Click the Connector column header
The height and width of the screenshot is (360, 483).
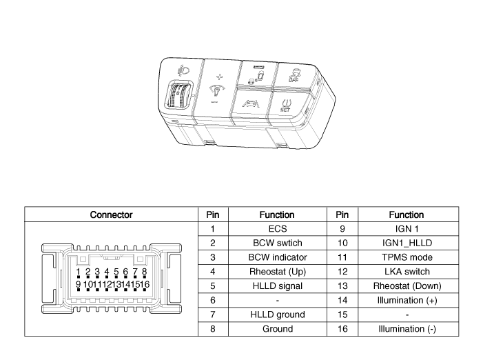(x=111, y=214)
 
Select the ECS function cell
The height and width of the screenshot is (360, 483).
(x=278, y=229)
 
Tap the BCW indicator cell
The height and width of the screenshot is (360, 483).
(x=278, y=257)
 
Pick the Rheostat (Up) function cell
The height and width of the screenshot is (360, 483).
(x=278, y=272)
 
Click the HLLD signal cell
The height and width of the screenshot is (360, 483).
(x=278, y=286)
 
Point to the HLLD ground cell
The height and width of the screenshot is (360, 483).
(x=278, y=314)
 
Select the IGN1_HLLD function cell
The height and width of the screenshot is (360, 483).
(x=407, y=243)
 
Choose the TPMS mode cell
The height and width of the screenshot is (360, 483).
(x=407, y=257)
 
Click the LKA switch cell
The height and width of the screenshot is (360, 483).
(x=407, y=272)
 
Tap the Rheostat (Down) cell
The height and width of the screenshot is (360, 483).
(x=407, y=286)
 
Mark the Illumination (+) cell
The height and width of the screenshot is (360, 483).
(x=407, y=301)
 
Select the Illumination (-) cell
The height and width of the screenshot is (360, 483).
(x=407, y=329)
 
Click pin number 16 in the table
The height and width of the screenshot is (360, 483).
(x=342, y=329)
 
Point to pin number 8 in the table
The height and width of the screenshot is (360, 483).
(x=213, y=329)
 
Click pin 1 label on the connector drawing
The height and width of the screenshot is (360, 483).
(x=79, y=272)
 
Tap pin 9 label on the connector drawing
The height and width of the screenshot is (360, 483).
(x=79, y=284)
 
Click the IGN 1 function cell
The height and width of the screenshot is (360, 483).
(x=407, y=229)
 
